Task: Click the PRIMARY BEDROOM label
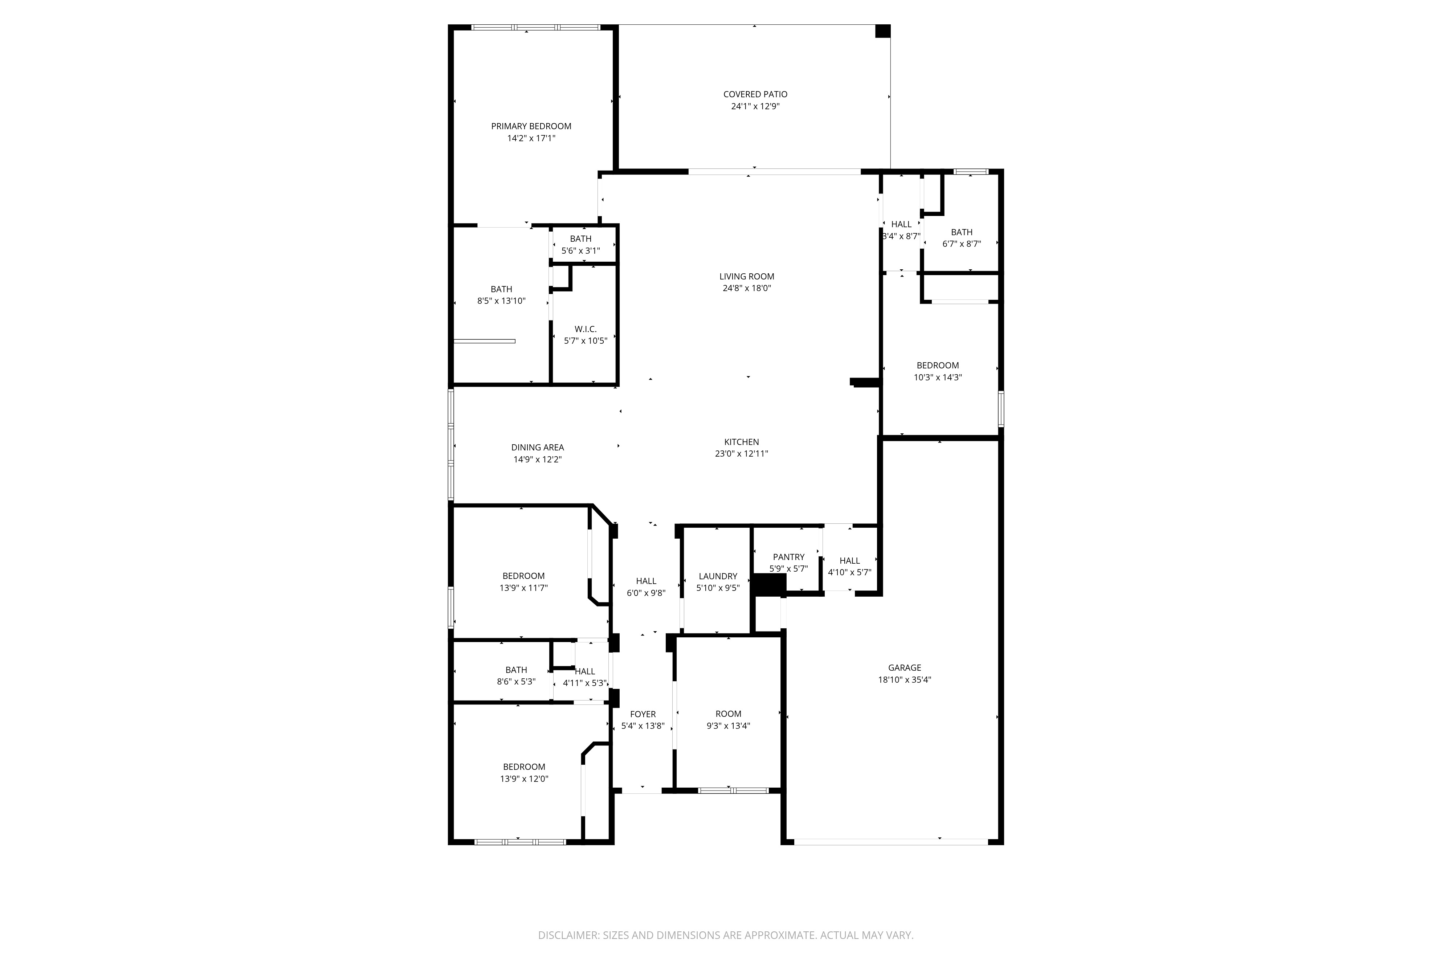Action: pyautogui.click(x=531, y=126)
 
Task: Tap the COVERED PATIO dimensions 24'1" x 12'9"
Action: pyautogui.click(x=755, y=106)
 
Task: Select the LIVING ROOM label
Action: pyautogui.click(x=746, y=277)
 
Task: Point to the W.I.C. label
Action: pyautogui.click(x=585, y=329)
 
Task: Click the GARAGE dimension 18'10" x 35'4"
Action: pyautogui.click(x=904, y=680)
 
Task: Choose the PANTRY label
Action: pyautogui.click(x=788, y=557)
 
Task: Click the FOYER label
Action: pyautogui.click(x=643, y=714)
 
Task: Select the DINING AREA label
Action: pyautogui.click(x=537, y=448)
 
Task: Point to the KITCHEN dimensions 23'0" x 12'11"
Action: pyautogui.click(x=742, y=454)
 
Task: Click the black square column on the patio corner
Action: pyautogui.click(x=883, y=32)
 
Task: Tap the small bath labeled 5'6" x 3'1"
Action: pyautogui.click(x=580, y=251)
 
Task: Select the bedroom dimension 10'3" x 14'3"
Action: pyautogui.click(x=938, y=377)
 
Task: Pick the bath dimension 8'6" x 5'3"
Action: pyautogui.click(x=516, y=682)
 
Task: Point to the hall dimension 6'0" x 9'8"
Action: pyautogui.click(x=646, y=593)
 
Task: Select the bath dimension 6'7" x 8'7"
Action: pyautogui.click(x=961, y=244)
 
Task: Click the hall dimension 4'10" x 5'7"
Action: pyautogui.click(x=849, y=572)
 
